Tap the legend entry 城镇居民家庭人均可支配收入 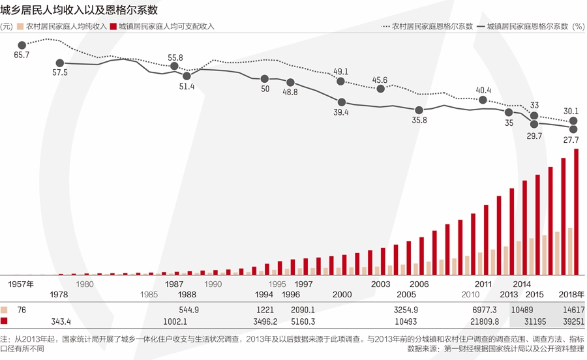point(166,27)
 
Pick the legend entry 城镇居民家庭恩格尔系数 point(528,27)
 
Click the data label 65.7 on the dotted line point(22,55)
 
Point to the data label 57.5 point(59,72)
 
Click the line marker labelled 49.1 point(340,81)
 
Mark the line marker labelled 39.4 point(341,102)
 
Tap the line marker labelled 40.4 point(483,100)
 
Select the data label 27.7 point(571,140)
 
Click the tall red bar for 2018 point(576,212)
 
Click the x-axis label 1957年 point(20,284)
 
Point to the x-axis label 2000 point(342,295)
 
